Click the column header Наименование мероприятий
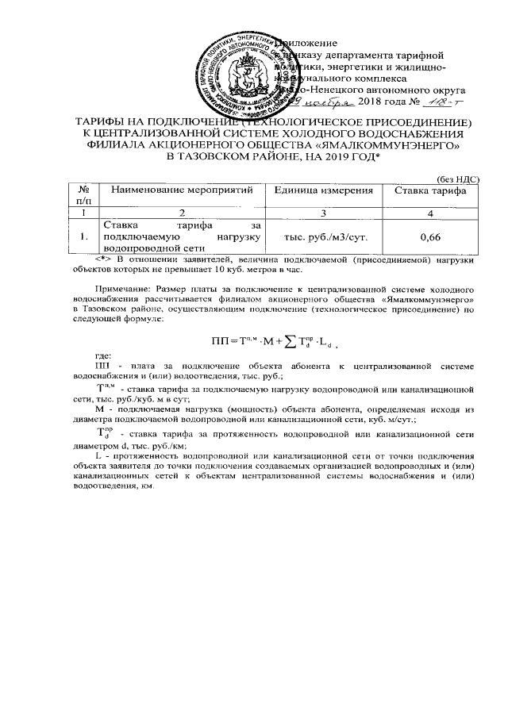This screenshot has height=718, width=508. (x=182, y=190)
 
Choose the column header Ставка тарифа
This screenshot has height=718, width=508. (x=429, y=190)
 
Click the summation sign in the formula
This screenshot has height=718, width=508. (x=279, y=341)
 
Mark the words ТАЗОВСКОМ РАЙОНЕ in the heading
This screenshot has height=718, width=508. (x=241, y=158)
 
